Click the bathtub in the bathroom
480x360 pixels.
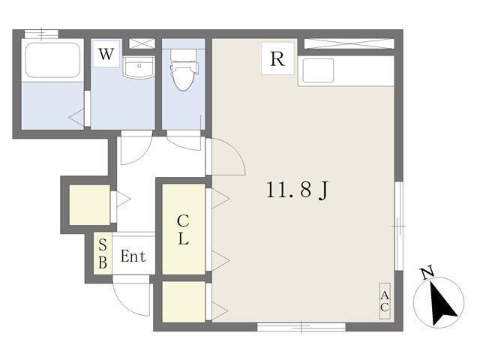(x=52, y=60)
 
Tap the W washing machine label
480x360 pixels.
(x=106, y=54)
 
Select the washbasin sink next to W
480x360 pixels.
(x=139, y=67)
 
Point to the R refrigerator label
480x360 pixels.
(x=277, y=58)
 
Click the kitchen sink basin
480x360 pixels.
(x=318, y=70)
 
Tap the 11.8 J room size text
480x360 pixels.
(x=298, y=190)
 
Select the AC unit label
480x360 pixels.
(x=385, y=301)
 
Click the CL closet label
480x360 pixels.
(x=183, y=229)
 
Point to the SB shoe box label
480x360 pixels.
(x=103, y=254)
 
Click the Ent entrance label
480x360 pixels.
(x=133, y=256)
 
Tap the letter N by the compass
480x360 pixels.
(x=427, y=272)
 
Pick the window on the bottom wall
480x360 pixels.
(x=301, y=327)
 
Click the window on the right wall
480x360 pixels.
(x=399, y=226)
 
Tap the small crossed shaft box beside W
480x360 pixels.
(x=142, y=43)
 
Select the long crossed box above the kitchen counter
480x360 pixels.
(x=349, y=43)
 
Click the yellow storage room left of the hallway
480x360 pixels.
(x=90, y=205)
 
